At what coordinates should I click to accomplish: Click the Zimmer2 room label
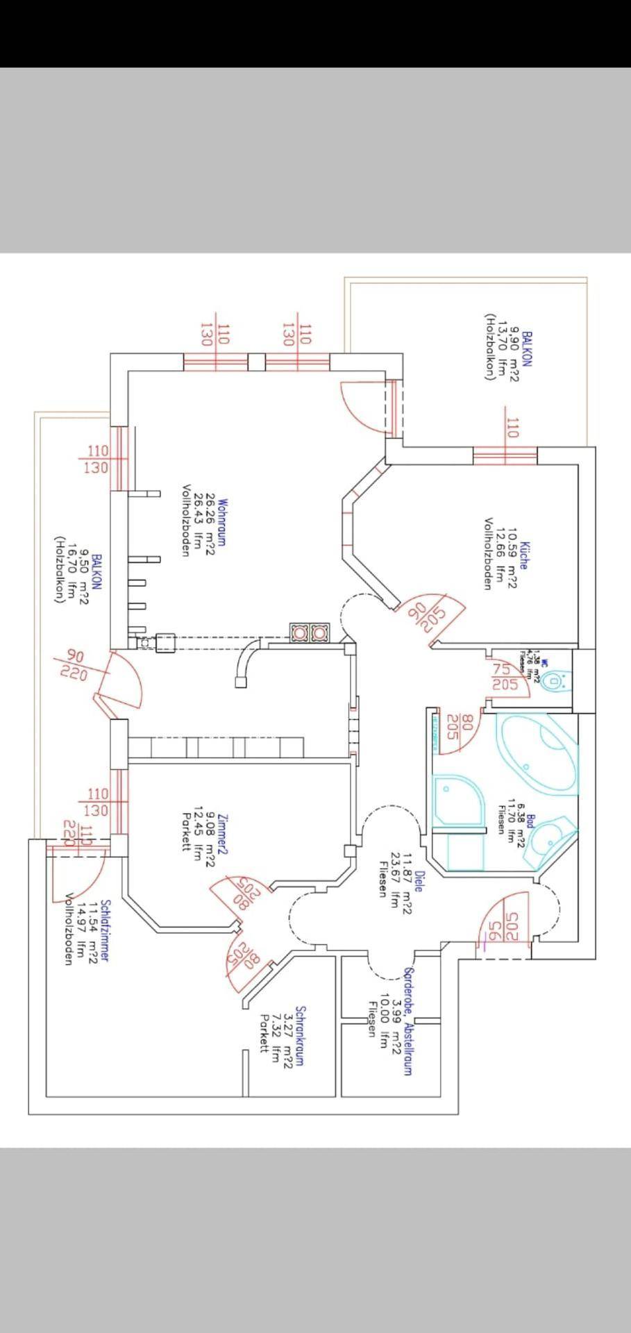223,832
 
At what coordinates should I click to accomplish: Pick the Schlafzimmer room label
104,931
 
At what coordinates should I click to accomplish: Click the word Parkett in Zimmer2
186,832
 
